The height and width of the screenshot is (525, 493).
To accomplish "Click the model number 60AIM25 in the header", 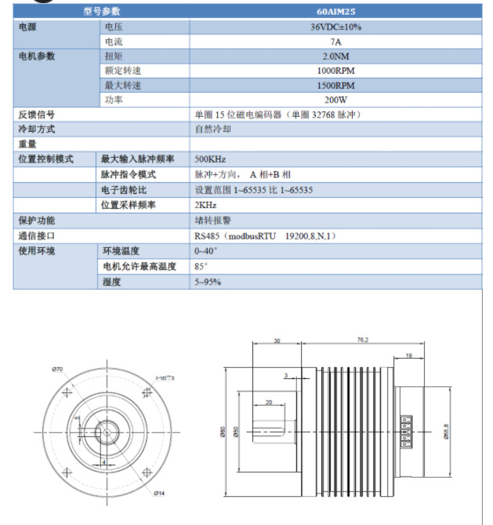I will point(335,12).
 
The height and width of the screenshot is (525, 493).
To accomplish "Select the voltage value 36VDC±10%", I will point(335,27).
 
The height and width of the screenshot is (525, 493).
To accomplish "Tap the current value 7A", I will point(335,42).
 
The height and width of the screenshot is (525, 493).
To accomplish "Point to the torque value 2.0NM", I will point(335,57).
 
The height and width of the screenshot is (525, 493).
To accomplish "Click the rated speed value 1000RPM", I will point(335,71).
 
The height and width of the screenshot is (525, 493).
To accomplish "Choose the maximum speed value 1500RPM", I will point(335,86).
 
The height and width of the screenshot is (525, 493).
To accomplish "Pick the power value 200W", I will point(335,100).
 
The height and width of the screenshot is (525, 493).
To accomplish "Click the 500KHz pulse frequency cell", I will point(210,159).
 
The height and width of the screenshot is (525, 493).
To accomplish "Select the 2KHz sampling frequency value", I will point(206,205).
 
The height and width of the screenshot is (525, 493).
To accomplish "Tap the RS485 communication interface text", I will point(265,235).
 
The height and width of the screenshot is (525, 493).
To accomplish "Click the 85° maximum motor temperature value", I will point(201,266).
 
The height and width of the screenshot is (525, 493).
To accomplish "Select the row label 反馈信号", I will point(37,115).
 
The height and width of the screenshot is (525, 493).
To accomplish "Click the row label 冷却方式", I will point(37,129).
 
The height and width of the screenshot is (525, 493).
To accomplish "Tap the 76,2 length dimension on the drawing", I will point(362,340).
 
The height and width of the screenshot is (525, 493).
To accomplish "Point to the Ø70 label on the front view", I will point(57,370).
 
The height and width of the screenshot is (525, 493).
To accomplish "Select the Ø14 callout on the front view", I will point(158,492).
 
